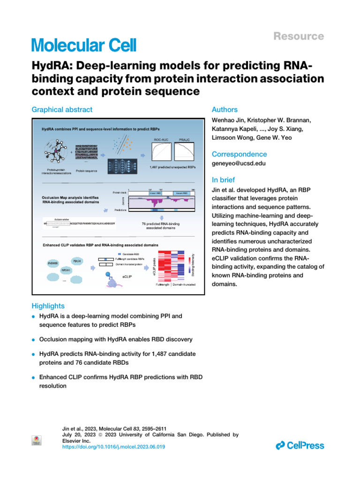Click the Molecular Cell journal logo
tap(84, 45)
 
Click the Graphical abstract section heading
tap(62, 110)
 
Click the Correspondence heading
tap(240, 154)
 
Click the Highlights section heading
tap(48, 306)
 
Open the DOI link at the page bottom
tap(113, 447)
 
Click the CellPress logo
tap(300, 445)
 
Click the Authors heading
tap(225, 110)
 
